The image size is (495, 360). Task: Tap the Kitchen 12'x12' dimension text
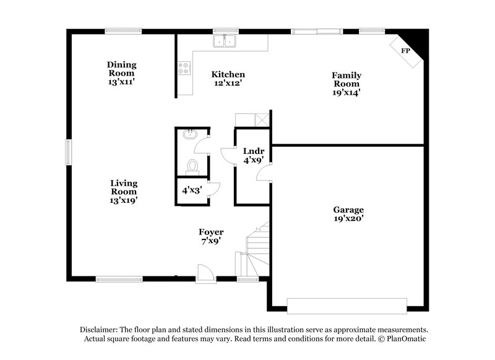pos(228,83)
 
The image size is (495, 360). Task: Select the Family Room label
pos(347,80)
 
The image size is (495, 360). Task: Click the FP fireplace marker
pos(406,51)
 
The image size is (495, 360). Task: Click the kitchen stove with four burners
pos(184,69)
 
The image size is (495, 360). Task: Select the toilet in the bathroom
pos(192,165)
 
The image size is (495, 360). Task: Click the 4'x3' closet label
pos(191,191)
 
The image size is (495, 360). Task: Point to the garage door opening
pos(346,306)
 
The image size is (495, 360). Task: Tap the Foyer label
pos(211,232)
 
